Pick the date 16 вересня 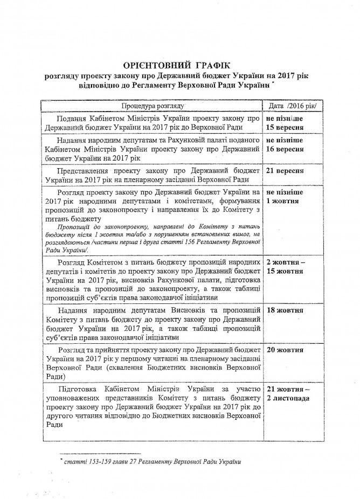[285, 148]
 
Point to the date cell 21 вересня [285, 171]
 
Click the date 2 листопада [288, 398]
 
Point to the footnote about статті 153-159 [151, 462]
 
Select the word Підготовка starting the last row [81, 389]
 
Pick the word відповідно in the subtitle [108, 86]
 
